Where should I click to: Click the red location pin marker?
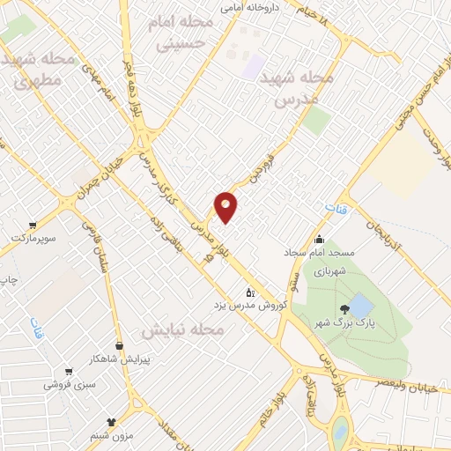coord(226,206)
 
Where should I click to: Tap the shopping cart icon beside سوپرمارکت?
coord(33,225)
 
